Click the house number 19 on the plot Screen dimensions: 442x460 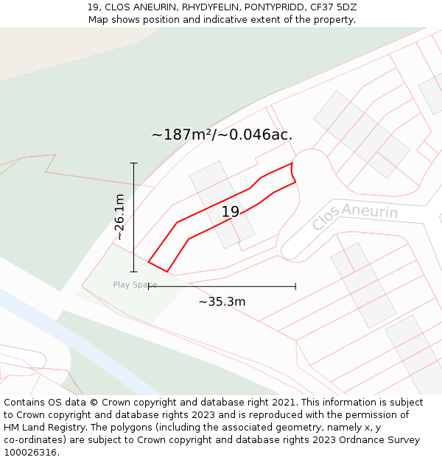(231, 212)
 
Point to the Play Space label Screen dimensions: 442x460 (135, 285)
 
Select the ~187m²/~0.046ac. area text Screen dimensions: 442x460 (222, 135)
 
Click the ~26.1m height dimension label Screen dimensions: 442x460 (119, 217)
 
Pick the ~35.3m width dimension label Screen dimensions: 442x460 (222, 301)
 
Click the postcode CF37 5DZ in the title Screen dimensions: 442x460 (334, 7)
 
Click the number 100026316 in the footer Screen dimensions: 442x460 (32, 453)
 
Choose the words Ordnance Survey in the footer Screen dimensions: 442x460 (383, 440)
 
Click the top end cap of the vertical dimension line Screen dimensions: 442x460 (133, 163)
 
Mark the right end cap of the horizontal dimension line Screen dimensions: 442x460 (295, 286)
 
